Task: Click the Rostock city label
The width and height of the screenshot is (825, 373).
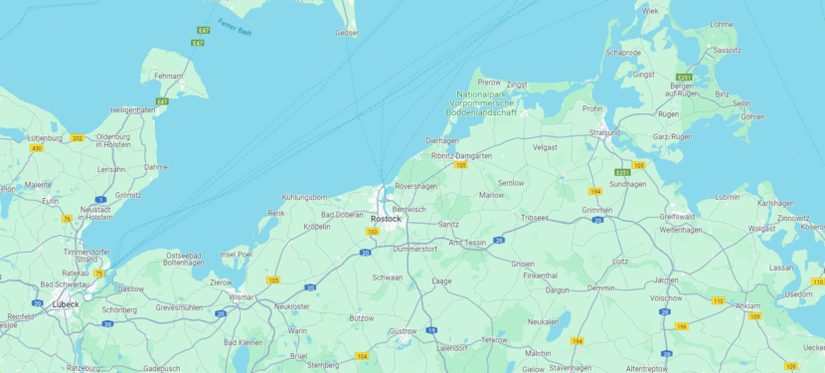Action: click(x=386, y=219)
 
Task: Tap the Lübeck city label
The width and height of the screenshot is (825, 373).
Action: click(x=66, y=304)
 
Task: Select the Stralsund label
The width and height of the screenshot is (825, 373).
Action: click(x=604, y=131)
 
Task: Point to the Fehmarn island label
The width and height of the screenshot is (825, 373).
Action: click(x=169, y=77)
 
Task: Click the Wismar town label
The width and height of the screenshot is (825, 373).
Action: click(x=242, y=296)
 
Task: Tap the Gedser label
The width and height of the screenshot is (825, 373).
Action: click(x=347, y=33)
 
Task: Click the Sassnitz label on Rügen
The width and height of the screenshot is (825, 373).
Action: click(x=727, y=50)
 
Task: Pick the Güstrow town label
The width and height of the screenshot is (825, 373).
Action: click(x=403, y=330)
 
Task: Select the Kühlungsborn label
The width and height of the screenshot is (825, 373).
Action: click(x=304, y=197)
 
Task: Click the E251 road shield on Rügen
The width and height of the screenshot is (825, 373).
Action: click(x=684, y=77)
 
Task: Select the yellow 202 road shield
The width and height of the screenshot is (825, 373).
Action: click(x=78, y=137)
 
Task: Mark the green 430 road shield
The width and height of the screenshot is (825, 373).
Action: click(x=37, y=148)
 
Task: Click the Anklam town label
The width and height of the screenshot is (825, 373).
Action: click(x=746, y=305)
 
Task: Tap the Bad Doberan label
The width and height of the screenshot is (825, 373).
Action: click(x=342, y=214)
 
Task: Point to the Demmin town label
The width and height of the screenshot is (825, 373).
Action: click(x=601, y=287)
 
